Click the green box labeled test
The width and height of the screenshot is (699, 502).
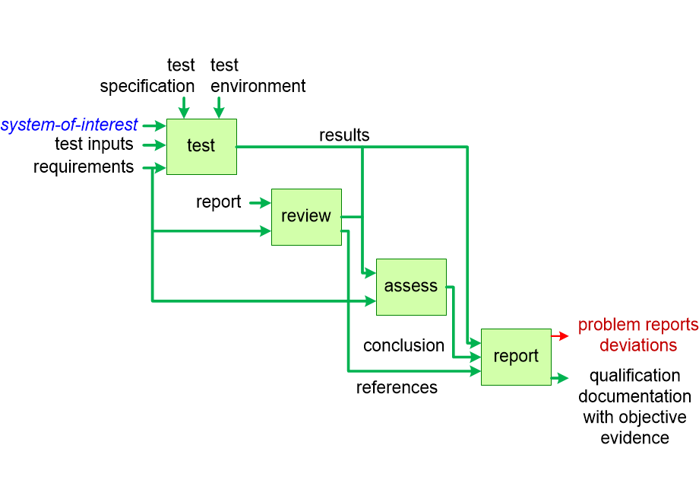click(x=201, y=147)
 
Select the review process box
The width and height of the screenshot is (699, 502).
click(x=306, y=217)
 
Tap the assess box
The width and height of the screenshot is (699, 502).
click(x=411, y=287)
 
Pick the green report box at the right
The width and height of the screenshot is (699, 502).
click(x=516, y=357)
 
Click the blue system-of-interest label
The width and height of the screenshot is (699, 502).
click(x=69, y=125)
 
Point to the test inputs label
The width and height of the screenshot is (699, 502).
click(x=93, y=145)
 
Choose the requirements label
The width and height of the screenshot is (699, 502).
click(x=84, y=167)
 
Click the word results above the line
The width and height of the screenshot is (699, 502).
click(x=344, y=135)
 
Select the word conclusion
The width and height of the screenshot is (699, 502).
click(x=403, y=345)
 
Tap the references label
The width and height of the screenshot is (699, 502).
click(x=397, y=388)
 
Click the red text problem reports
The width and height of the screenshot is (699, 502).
click(x=638, y=326)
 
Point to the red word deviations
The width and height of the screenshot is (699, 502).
click(x=638, y=345)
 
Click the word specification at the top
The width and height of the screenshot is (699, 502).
click(x=147, y=87)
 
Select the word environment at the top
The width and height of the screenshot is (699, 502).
click(x=258, y=87)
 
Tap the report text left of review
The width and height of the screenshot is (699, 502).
click(x=219, y=202)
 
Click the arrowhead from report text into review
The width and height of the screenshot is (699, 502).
click(x=266, y=203)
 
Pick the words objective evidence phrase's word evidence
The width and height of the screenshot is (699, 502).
click(x=634, y=437)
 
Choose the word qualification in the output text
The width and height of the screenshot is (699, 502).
click(x=634, y=376)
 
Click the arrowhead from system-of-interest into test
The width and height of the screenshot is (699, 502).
click(x=161, y=125)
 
